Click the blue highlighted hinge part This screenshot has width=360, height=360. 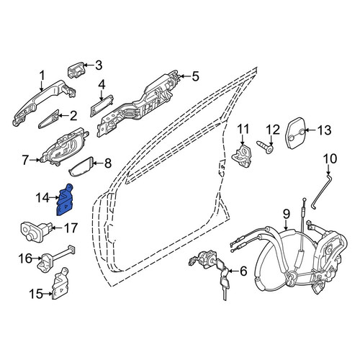[x=65, y=200]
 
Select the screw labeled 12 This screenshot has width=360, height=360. [x=265, y=146]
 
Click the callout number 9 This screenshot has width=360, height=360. [x=287, y=214]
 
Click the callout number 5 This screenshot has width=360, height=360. [x=196, y=76]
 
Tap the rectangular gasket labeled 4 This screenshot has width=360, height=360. [x=102, y=106]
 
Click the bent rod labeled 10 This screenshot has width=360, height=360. [x=320, y=192]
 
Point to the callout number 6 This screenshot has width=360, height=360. [x=243, y=271]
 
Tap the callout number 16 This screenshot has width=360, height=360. [x=26, y=258]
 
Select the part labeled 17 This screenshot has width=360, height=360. [x=36, y=231]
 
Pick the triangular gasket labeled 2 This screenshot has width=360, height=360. [x=49, y=119]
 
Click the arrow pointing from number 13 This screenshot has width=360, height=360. [x=309, y=130]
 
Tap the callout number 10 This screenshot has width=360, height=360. [x=330, y=159]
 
